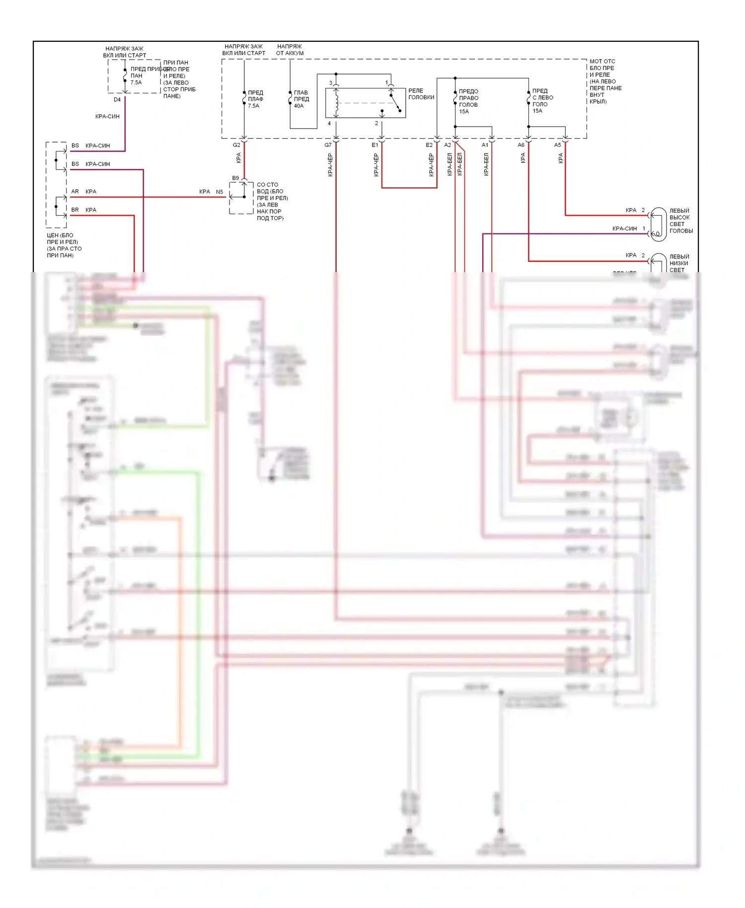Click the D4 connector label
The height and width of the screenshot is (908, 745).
coord(117,100)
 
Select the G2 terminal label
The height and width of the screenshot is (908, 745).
coord(236,145)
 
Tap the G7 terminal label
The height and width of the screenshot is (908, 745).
coord(328,145)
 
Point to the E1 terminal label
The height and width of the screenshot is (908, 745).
coord(375,145)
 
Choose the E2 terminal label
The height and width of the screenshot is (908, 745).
coord(429,145)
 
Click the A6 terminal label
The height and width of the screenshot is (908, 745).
coord(521,145)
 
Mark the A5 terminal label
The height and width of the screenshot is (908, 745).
coord(558,145)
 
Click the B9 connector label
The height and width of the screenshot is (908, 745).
coord(235,178)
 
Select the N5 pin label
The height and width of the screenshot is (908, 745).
coord(220,192)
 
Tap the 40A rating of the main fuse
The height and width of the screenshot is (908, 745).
coord(298,106)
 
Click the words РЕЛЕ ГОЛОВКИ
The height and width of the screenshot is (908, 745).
coord(421,94)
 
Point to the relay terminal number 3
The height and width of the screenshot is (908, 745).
coord(331,83)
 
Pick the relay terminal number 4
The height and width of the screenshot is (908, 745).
coord(329,124)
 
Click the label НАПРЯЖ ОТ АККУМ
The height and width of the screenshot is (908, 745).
coord(290,50)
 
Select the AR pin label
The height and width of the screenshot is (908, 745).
coord(75,191)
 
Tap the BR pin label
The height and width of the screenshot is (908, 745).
coord(75,210)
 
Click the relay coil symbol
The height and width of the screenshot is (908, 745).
coord(337,103)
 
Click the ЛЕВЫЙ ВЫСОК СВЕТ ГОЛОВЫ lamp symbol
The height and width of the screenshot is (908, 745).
coord(659,225)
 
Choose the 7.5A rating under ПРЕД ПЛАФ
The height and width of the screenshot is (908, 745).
coord(253,106)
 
